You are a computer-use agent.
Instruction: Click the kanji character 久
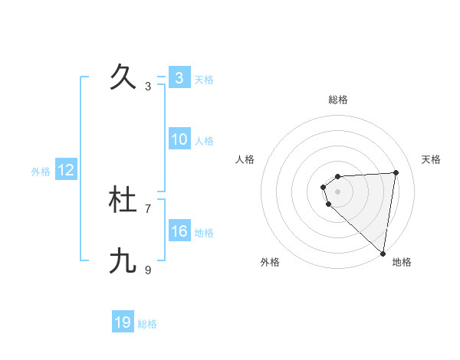pos(123,77)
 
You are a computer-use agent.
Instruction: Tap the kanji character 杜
pos(123,201)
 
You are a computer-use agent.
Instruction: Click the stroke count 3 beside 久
pos(148,87)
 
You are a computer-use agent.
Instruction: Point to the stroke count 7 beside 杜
pos(148,208)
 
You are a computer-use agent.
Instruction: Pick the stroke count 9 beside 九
pos(148,270)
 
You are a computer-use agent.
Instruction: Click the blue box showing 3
pos(179,78)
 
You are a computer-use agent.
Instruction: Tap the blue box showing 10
pos(179,139)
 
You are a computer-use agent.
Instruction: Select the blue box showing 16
pos(179,231)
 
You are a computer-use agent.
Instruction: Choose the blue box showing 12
pos(66,170)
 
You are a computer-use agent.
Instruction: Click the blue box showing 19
pos(123,322)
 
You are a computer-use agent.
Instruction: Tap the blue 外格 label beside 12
pos(41,172)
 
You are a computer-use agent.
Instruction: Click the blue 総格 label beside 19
pos(147,324)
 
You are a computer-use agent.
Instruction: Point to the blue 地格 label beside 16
pos(204,233)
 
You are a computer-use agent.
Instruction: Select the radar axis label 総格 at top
pos(338,100)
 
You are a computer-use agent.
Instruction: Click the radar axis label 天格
pos(431,159)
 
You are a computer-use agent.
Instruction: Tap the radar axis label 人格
pos(245,159)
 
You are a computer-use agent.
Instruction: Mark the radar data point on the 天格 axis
pos(396,172)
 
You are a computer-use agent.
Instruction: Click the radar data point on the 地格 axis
pos(383,253)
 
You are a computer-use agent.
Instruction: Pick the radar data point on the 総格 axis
pos(338,176)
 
